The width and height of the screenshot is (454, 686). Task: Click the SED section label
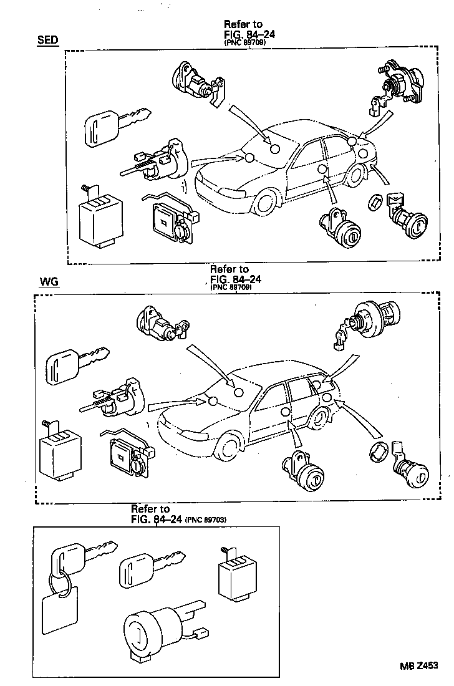click(x=47, y=41)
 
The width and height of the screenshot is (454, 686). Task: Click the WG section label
click(x=49, y=282)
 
